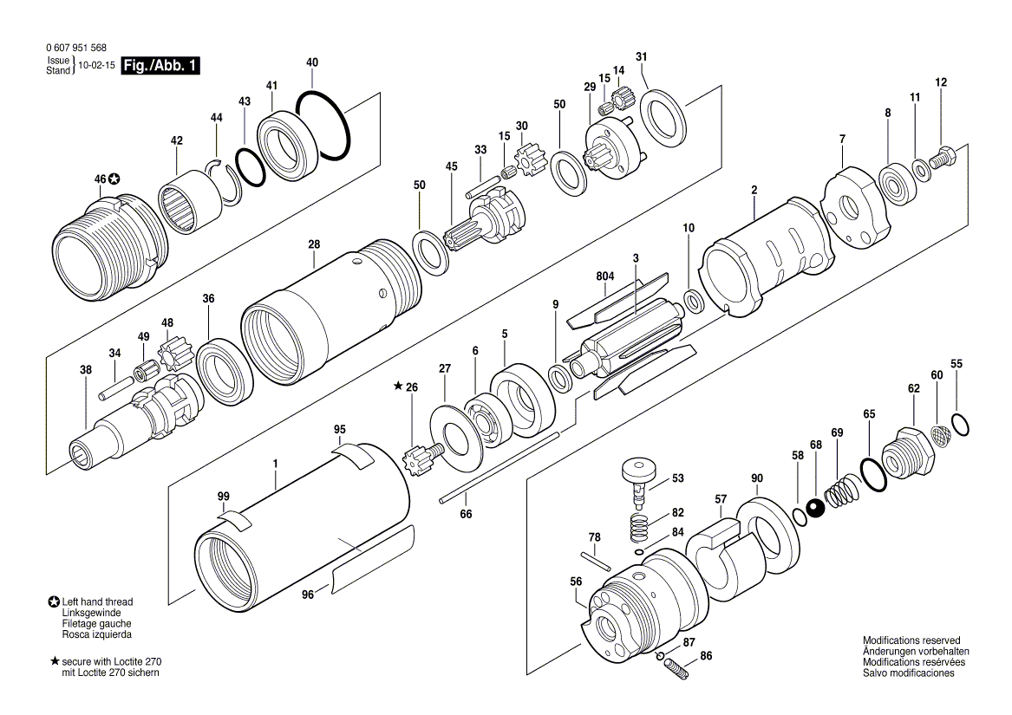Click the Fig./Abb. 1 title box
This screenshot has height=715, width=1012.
[x=160, y=65]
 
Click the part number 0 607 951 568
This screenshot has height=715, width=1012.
[x=76, y=48]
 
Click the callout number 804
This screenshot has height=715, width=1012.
[x=604, y=276]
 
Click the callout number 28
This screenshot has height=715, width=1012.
[x=314, y=244]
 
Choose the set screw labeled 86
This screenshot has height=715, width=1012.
[x=677, y=668]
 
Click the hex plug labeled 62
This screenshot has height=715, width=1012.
[x=908, y=452]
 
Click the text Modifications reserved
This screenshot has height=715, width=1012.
[x=911, y=640]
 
